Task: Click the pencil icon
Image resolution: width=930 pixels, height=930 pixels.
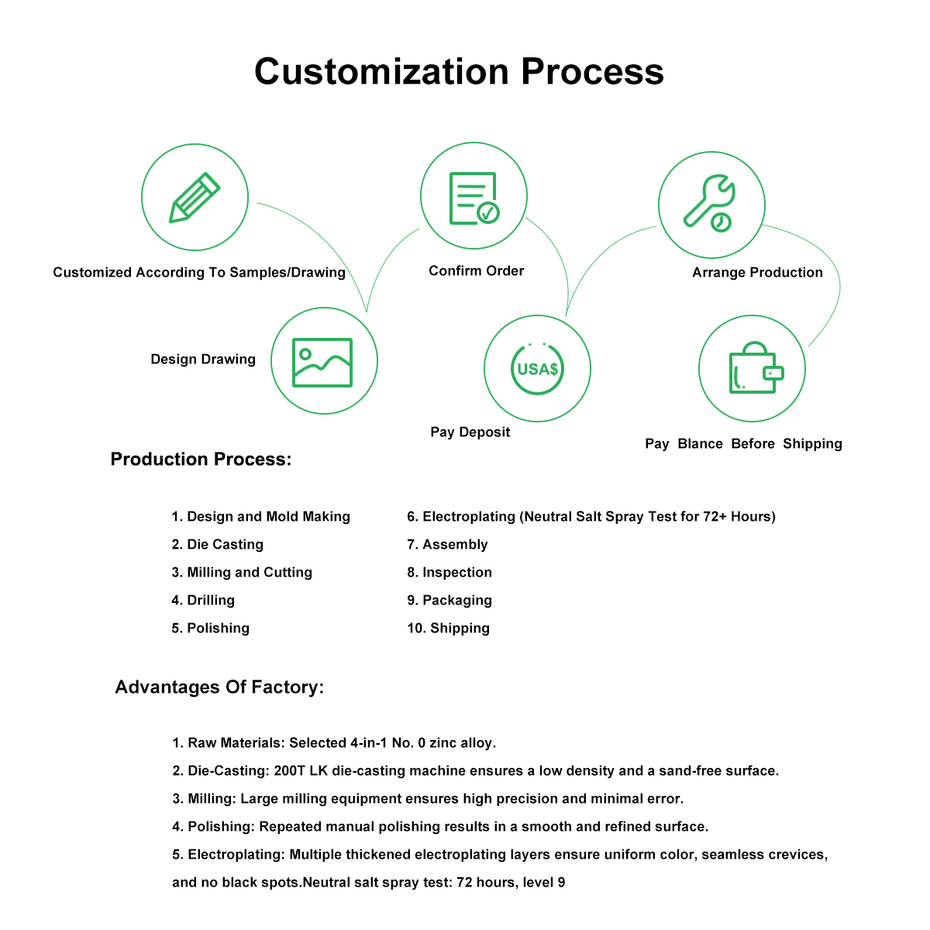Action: [x=194, y=198]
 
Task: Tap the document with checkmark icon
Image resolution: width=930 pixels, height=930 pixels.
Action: [x=474, y=198]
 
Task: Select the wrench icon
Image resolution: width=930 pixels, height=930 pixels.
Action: [x=709, y=203]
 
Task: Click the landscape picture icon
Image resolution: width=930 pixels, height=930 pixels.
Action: [x=322, y=363]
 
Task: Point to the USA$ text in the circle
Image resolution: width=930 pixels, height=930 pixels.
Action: [x=537, y=369]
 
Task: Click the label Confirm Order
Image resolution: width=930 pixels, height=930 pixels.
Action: [x=477, y=270]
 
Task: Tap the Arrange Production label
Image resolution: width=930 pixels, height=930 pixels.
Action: [x=757, y=272]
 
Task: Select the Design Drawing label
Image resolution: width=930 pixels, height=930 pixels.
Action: [x=203, y=359]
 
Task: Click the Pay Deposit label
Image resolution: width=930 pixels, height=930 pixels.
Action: [x=470, y=432]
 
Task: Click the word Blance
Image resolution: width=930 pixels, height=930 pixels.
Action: [x=700, y=443]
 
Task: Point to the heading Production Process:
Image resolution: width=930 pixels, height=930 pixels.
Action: [x=201, y=459]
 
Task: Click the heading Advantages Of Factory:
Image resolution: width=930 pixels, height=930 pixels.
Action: [x=219, y=687]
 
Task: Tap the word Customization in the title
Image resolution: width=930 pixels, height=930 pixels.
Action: [x=381, y=71]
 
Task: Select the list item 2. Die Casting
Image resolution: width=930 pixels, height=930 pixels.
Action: [x=218, y=544]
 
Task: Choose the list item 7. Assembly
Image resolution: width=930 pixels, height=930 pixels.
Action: [x=447, y=544]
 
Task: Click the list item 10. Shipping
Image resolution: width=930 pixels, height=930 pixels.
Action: [x=449, y=628]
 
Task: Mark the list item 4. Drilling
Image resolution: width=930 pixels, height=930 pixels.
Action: [x=203, y=600]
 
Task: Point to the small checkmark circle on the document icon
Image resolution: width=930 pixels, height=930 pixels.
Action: [x=488, y=212]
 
